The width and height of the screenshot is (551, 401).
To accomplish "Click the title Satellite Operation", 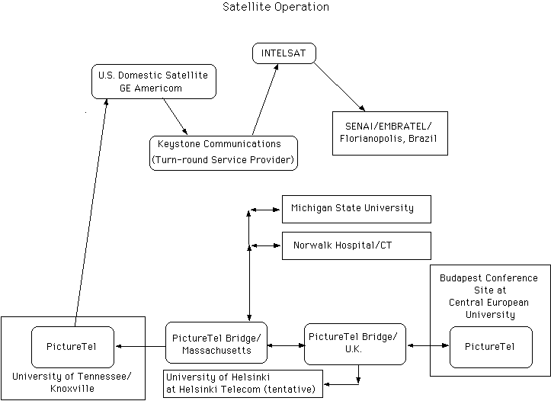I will point(276,8).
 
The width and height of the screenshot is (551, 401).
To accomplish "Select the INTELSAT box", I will point(284,53).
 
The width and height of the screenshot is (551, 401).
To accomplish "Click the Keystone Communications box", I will point(223,152).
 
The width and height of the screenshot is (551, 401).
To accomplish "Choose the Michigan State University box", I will point(356,208).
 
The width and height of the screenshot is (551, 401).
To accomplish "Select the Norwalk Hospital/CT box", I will point(356,245).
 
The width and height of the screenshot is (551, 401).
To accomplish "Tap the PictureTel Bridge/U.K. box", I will point(354,344).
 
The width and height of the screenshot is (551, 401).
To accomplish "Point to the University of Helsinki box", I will point(243,383).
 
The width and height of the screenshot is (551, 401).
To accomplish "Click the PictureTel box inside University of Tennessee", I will point(73,346).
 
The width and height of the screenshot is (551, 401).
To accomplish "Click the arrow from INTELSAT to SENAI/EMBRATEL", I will point(338,86).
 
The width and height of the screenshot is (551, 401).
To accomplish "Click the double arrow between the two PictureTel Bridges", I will point(286,345).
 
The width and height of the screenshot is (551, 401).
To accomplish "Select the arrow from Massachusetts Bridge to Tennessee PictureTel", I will point(140,347).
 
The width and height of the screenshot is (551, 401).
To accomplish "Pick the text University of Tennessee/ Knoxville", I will point(72,383).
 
